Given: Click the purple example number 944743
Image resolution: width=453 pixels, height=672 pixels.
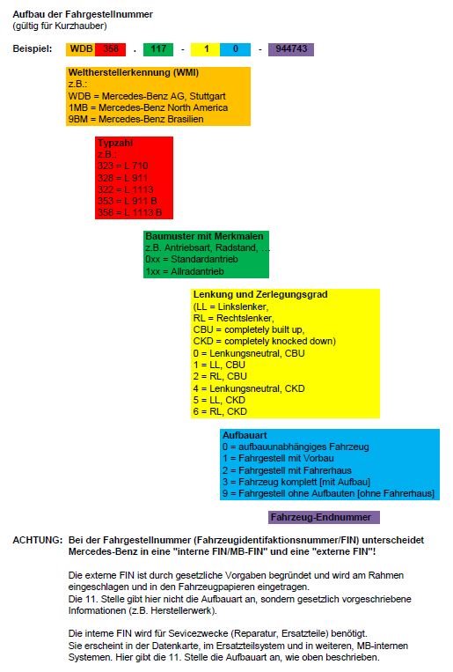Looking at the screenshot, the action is tap(291, 48).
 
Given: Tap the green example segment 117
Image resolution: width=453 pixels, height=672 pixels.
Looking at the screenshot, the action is tap(158, 48).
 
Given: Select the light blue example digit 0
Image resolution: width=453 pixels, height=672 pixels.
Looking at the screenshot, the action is tap(235, 48).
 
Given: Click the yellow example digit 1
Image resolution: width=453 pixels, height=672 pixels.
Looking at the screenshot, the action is tap(206, 48).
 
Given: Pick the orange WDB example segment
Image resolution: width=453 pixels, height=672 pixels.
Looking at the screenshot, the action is tap(81, 48).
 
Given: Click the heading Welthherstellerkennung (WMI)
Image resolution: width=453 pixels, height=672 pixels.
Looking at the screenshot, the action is tap(134, 72).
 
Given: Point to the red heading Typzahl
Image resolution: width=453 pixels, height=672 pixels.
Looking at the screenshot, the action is tap(115, 143).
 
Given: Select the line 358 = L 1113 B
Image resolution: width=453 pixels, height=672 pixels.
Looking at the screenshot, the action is tap(129, 212).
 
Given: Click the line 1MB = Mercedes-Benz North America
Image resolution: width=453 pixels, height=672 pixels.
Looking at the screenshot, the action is tap(148, 107).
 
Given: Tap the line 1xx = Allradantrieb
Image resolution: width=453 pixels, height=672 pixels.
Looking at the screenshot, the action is tap(185, 271).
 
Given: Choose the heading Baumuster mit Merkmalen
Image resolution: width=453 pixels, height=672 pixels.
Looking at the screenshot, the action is tap(205, 236).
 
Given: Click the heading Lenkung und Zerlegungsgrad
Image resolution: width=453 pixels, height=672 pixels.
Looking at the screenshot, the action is tap(260, 294).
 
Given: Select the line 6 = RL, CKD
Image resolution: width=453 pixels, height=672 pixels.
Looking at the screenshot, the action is tap(220, 411).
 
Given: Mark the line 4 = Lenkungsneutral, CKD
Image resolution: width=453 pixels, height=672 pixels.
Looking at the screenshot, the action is tap(249, 388).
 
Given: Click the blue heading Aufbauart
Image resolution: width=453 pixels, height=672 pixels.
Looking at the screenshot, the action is tap(245, 435).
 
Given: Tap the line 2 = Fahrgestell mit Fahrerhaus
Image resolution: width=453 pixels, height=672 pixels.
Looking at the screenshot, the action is tap(287, 470).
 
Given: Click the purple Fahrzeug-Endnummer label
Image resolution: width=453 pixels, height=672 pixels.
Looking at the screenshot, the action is tap(321, 517).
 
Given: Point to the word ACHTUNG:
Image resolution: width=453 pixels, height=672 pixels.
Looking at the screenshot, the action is tap(38, 540).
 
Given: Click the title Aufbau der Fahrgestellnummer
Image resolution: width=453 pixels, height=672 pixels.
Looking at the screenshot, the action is tap(83, 14).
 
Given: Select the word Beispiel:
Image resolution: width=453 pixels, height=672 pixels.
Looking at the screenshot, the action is tap(33, 48).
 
